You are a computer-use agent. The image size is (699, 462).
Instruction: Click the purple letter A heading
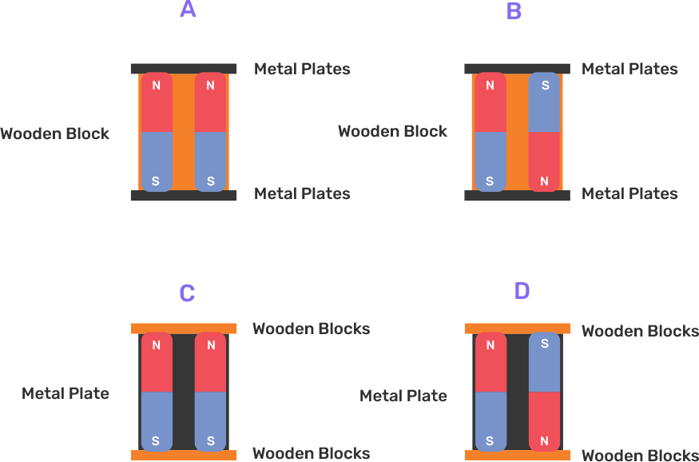click(188, 10)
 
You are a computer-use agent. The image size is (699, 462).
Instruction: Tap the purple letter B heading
click(514, 11)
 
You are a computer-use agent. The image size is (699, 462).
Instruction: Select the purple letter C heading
click(187, 293)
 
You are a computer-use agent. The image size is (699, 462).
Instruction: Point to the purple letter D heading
click(522, 291)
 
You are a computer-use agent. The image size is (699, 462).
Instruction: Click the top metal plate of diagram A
click(184, 69)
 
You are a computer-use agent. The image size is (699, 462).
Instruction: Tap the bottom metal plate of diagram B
click(518, 195)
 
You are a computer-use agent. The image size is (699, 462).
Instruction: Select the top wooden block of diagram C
click(184, 328)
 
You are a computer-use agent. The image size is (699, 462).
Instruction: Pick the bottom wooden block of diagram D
click(518, 455)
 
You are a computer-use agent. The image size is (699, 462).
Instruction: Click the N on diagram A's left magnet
click(156, 86)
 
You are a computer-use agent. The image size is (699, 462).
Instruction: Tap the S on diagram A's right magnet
click(210, 181)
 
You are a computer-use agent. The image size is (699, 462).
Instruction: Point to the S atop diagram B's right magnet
click(544, 86)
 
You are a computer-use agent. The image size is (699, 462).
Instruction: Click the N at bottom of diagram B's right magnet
click(544, 181)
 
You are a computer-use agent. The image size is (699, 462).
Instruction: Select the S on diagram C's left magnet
click(156, 440)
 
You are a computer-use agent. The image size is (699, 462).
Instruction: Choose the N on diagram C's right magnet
click(210, 345)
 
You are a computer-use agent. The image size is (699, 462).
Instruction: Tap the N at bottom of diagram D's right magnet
click(544, 440)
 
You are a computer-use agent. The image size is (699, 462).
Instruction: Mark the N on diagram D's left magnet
click(490, 345)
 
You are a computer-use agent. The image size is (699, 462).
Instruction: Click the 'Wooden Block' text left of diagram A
click(54, 133)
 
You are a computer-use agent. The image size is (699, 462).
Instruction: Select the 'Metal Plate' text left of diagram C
click(66, 393)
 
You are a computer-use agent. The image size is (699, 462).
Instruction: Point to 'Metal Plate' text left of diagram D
click(403, 396)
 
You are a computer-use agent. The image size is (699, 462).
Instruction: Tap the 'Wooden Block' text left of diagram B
click(392, 131)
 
